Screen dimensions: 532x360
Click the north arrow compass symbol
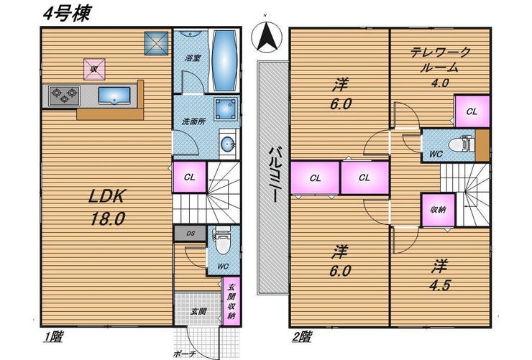coord(267,37)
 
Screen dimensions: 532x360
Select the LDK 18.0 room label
coord(107,207)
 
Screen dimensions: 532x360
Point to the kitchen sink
coord(114,96)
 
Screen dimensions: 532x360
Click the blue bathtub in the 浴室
coord(224,61)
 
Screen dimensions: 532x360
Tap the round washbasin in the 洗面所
coord(226,144)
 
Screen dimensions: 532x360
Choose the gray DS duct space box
coord(190,234)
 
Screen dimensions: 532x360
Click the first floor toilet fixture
coord(222,242)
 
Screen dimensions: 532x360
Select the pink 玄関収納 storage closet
coord(231,301)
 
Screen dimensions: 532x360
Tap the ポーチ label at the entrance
coord(184,354)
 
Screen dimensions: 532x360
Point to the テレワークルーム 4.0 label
coord(440,68)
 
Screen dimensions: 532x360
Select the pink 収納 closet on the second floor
coord(438,210)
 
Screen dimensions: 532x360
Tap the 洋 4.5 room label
coord(439,276)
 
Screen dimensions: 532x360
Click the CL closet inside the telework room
coord(472,111)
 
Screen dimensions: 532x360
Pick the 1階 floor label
coord(53,336)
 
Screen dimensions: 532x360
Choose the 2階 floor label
coord(302,336)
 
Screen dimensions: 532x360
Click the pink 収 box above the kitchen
coord(94,70)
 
